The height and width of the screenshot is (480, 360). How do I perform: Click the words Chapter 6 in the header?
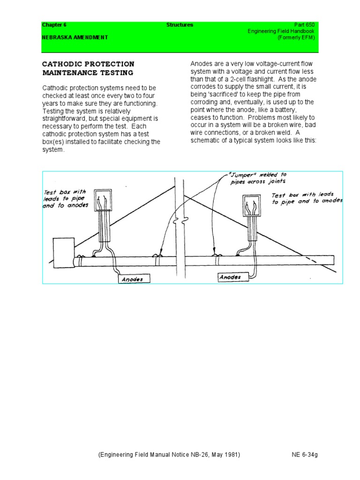click(x=54, y=25)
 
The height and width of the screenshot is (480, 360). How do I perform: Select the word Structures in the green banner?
click(x=180, y=25)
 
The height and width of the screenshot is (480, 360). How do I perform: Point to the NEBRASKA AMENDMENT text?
click(x=75, y=37)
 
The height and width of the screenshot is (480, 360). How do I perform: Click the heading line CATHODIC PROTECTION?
click(x=88, y=64)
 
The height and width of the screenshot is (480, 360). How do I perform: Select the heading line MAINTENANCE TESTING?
click(x=88, y=73)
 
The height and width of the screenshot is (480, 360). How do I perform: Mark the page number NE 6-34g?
click(x=305, y=455)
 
